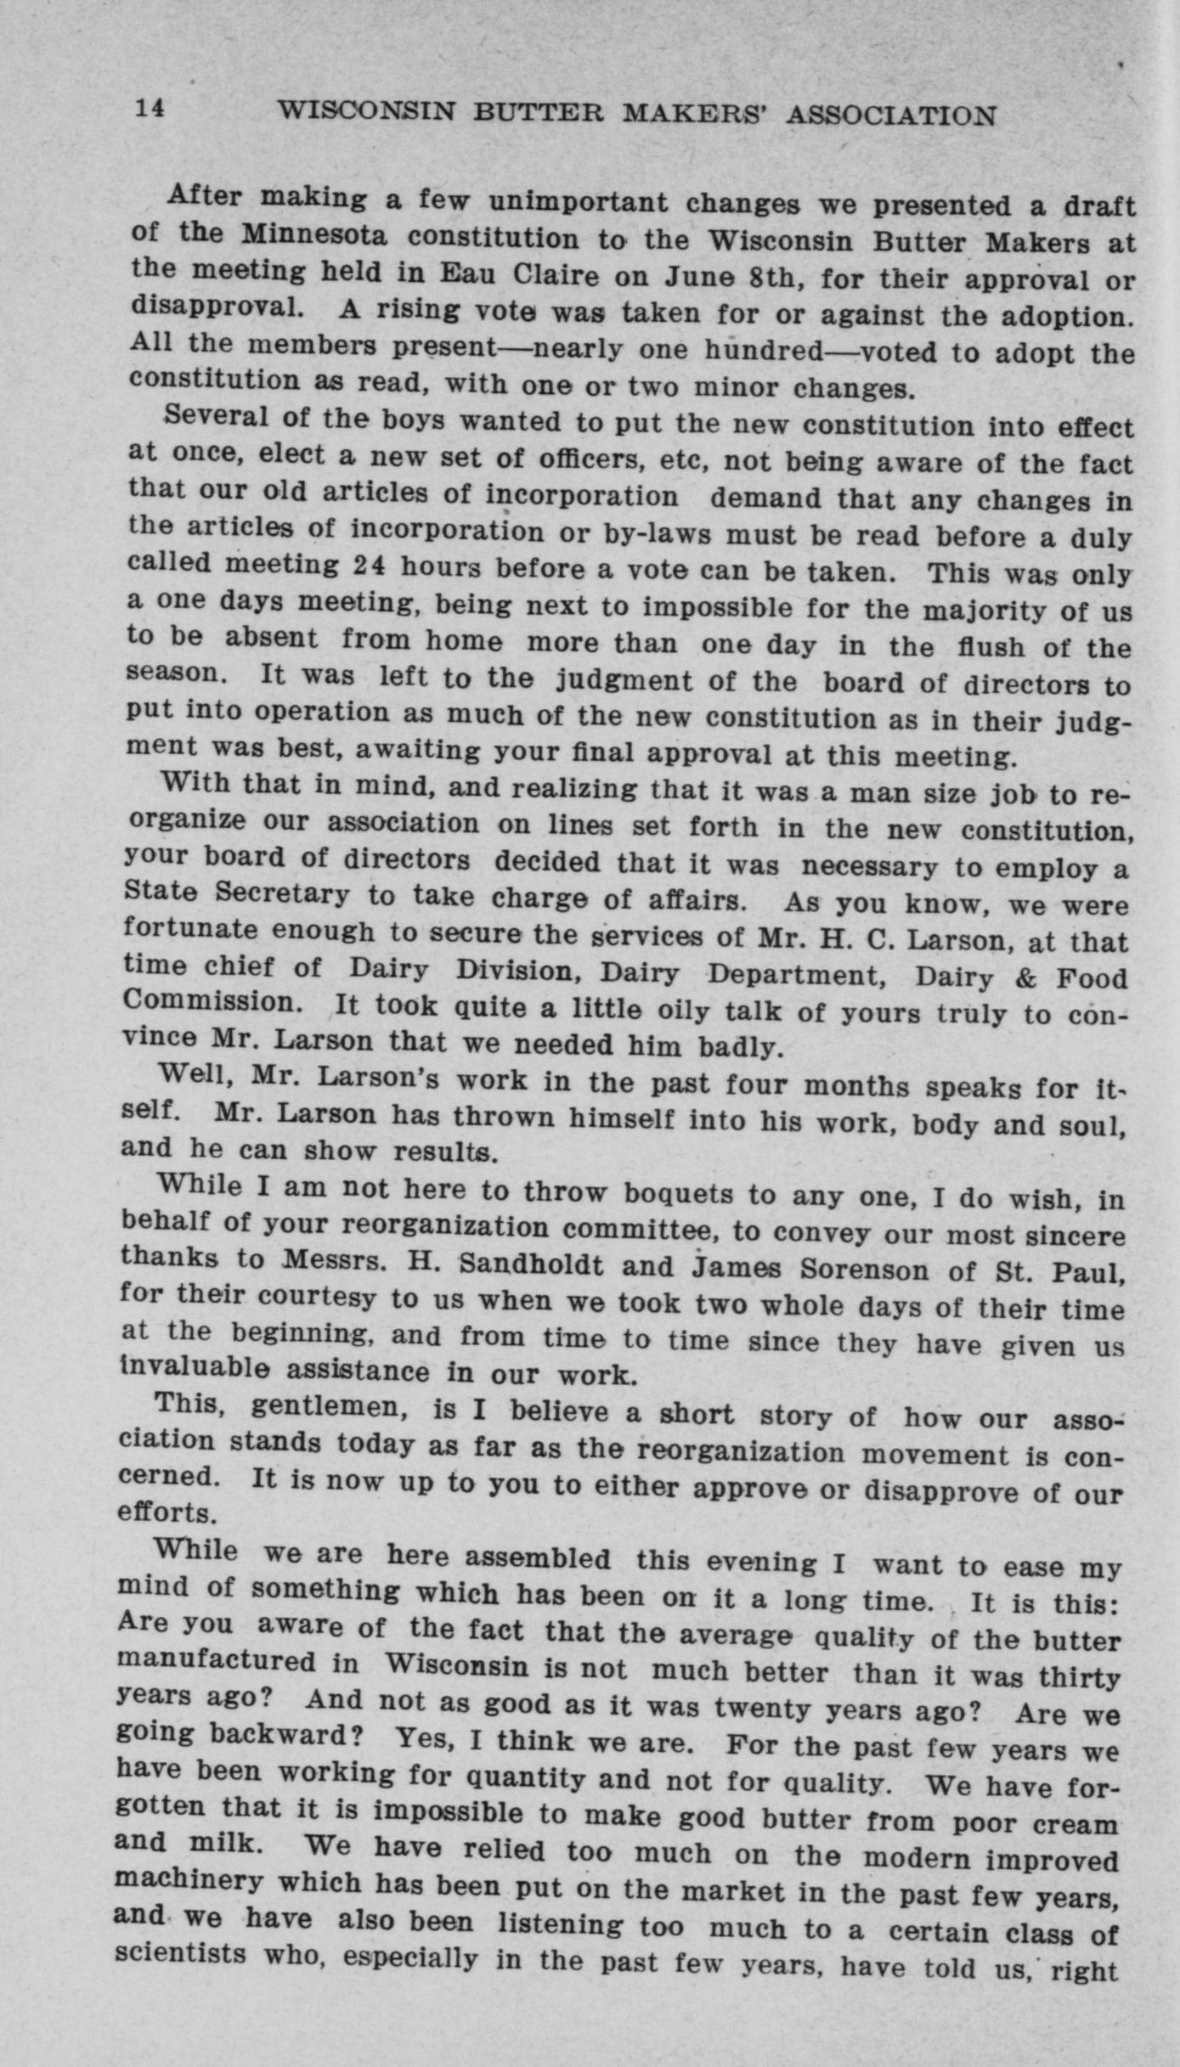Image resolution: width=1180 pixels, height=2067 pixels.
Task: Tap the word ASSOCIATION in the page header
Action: point(891,115)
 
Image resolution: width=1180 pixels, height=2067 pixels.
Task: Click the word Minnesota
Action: point(314,234)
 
